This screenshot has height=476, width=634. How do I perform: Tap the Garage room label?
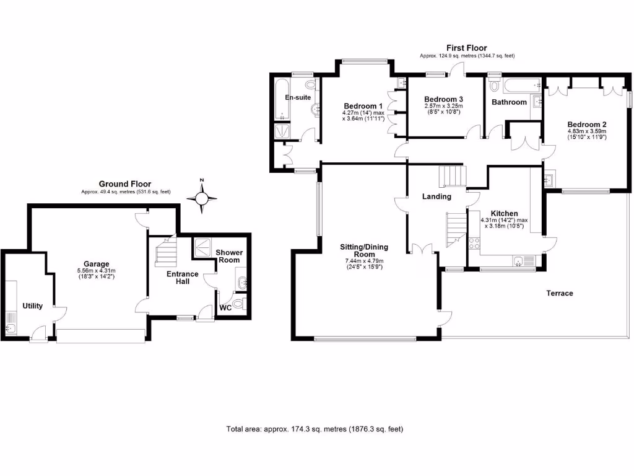point(97,263)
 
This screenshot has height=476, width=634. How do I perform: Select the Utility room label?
point(33,306)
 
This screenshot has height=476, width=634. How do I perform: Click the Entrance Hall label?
point(182,277)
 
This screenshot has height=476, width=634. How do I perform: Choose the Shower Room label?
point(229,256)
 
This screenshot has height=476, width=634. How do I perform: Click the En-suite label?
point(298,98)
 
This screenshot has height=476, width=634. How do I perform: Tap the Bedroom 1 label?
point(363,105)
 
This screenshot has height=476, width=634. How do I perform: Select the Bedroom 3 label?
point(443,99)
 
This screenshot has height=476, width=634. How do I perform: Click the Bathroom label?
point(509,102)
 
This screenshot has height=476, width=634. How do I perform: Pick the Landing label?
point(436,196)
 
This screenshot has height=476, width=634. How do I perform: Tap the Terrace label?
point(559,293)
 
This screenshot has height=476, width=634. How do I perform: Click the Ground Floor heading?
point(125,184)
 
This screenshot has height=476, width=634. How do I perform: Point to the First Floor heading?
point(467,48)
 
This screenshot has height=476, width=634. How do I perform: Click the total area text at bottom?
point(315,429)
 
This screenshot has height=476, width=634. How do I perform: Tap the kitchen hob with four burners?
point(475,243)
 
